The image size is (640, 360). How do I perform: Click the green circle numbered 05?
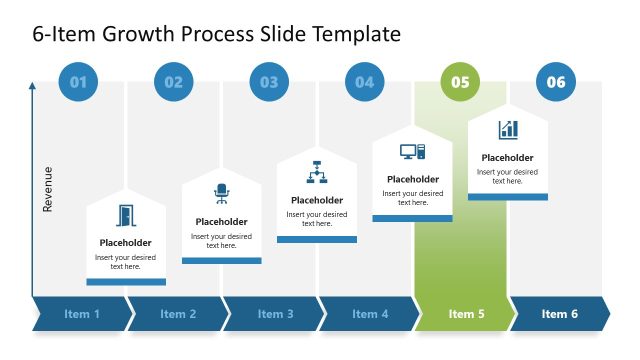(x=460, y=82)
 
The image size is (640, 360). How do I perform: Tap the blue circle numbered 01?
(x=78, y=82)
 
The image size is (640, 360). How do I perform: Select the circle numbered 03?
(x=269, y=82)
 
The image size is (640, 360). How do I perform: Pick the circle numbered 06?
(x=556, y=82)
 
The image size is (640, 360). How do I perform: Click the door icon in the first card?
(x=126, y=215)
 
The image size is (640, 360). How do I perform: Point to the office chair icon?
(x=221, y=194)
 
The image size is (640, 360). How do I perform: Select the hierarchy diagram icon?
(x=317, y=172)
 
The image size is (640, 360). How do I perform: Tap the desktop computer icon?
(x=412, y=152)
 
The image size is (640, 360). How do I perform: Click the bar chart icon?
(x=508, y=130)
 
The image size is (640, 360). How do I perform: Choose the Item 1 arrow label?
(x=82, y=314)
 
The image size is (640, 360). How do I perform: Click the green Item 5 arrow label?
(x=466, y=314)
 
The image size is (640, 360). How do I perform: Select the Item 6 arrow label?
(x=560, y=314)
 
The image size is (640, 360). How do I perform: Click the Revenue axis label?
(x=47, y=189)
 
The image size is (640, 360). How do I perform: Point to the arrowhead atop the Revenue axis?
(x=32, y=88)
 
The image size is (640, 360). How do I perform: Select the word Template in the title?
(x=357, y=34)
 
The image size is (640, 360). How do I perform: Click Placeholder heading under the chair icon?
(x=221, y=222)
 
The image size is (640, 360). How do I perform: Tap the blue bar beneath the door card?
(x=126, y=282)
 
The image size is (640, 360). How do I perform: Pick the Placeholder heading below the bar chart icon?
(x=508, y=157)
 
